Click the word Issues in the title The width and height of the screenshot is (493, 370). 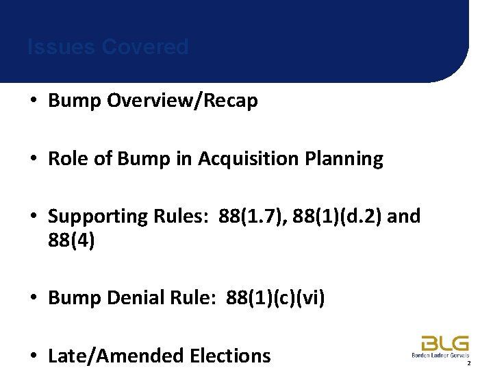(x=61, y=47)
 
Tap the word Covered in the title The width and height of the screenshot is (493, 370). (x=144, y=47)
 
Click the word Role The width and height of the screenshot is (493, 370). (x=68, y=159)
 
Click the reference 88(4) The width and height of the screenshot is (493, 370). (x=71, y=241)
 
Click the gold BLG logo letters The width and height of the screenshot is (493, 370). (x=445, y=343)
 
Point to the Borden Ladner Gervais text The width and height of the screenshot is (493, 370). (x=440, y=355)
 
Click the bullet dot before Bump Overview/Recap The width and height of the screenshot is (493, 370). (x=34, y=101)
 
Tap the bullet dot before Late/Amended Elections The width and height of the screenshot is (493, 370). (x=34, y=356)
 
